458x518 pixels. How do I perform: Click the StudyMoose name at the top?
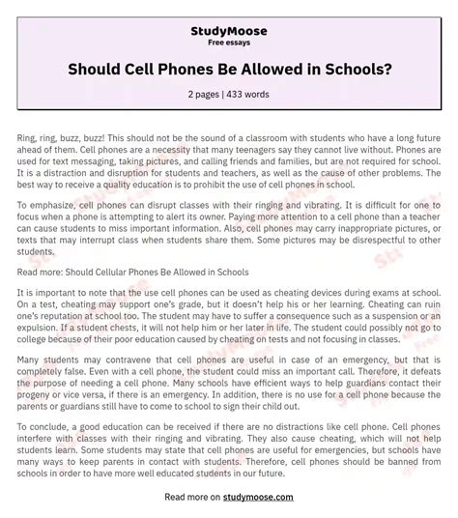coord(228,31)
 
